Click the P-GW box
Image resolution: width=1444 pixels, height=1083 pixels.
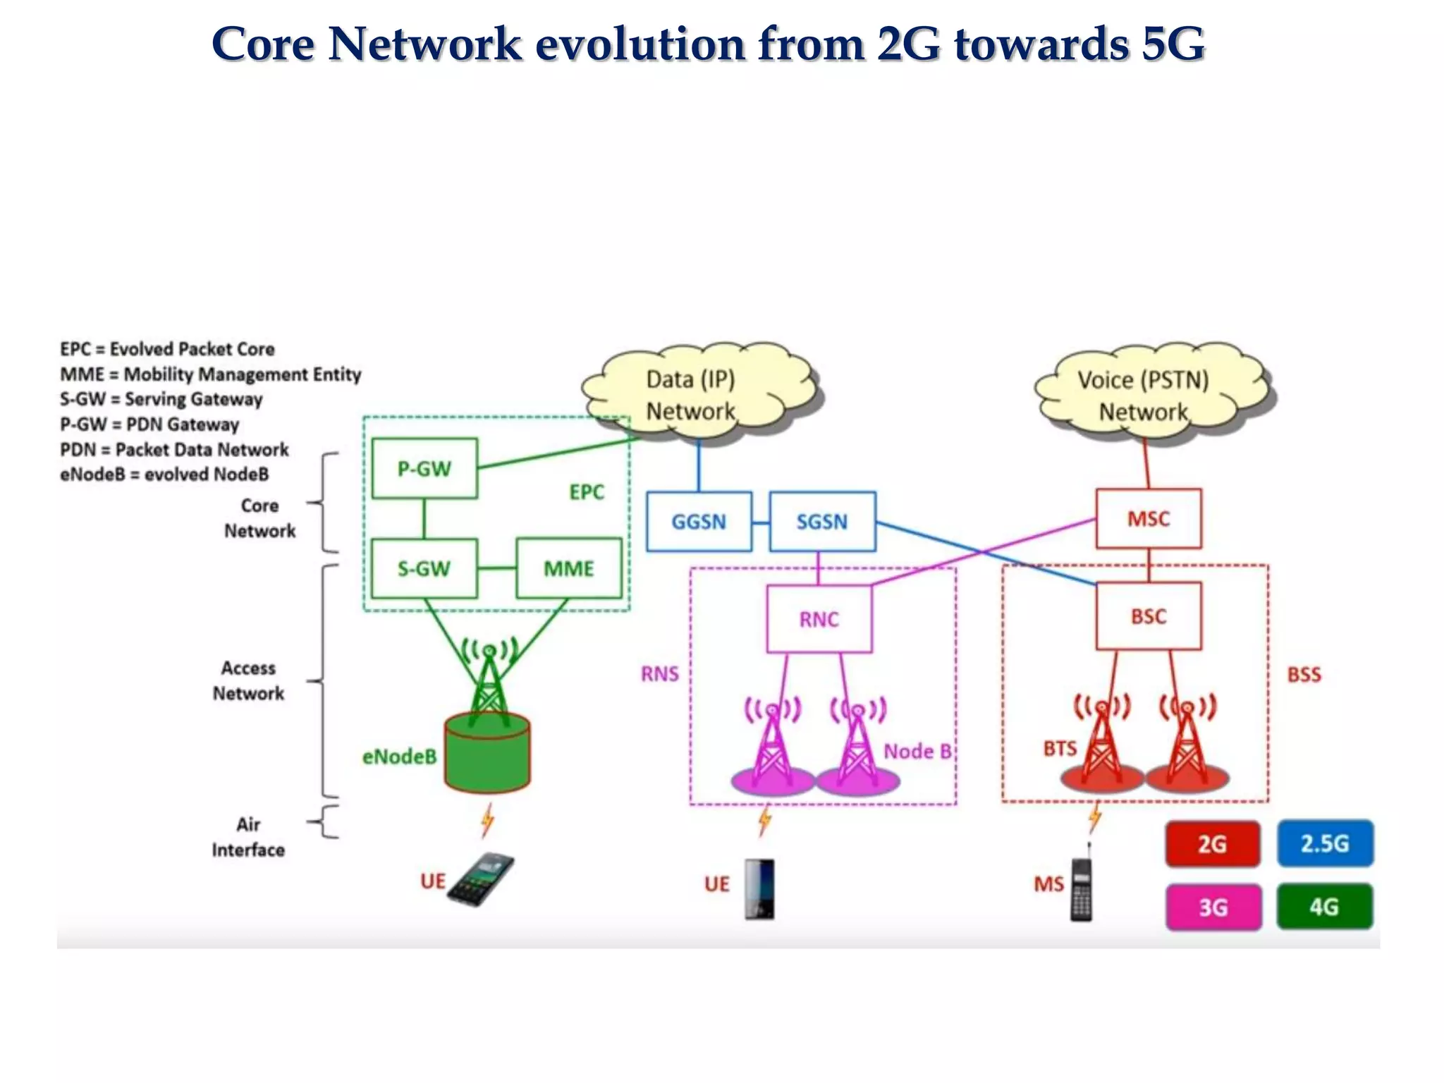point(424,469)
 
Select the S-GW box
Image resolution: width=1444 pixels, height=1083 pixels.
point(424,569)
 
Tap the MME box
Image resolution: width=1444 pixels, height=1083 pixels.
point(569,569)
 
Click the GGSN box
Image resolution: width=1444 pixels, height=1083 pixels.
point(699,522)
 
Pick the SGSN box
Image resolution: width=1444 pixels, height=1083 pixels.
point(822,522)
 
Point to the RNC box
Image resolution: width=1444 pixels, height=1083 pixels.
point(819,619)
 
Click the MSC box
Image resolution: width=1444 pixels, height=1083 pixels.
point(1149,519)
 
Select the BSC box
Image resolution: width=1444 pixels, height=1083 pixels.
point(1149,616)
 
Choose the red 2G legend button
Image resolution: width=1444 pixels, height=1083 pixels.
point(1213,844)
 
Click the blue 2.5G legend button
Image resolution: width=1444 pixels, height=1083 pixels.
point(1325,843)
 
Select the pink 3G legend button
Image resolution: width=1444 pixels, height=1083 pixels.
point(1213,907)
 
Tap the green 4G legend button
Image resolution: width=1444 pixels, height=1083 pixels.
point(1325,907)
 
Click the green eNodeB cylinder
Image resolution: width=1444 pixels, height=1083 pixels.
point(487,754)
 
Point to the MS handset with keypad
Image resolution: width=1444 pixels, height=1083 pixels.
point(1082,890)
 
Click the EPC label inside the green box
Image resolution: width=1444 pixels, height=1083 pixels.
point(587,492)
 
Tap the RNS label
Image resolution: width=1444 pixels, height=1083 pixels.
point(660,674)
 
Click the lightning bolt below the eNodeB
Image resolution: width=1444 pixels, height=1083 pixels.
point(487,821)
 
